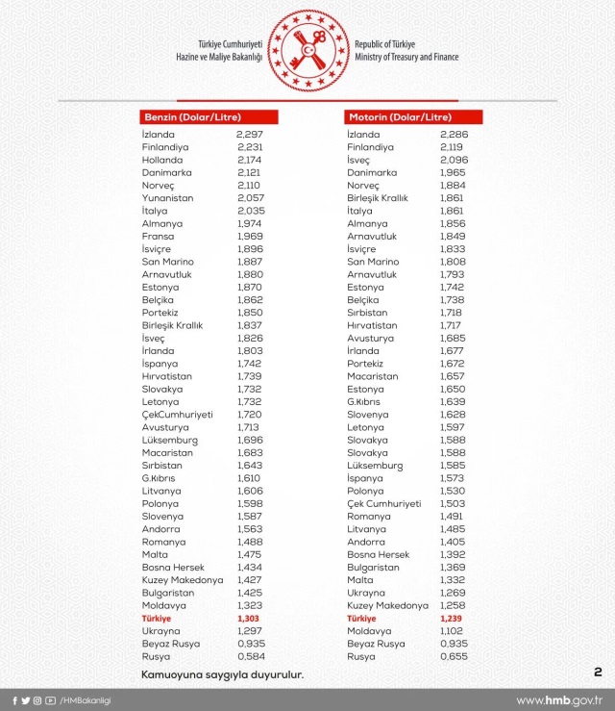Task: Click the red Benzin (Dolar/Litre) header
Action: (209, 117)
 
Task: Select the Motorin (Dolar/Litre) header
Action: (413, 117)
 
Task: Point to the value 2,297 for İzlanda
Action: (250, 135)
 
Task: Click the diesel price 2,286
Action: (454, 135)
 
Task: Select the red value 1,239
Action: (454, 619)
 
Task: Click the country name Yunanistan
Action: (167, 197)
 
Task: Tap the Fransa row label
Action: (158, 236)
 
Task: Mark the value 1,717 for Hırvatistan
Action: (454, 325)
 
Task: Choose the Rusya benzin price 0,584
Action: (250, 656)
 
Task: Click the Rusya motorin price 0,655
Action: (454, 656)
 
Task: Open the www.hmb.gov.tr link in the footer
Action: (559, 700)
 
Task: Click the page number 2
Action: (598, 672)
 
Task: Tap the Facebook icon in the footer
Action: (13, 700)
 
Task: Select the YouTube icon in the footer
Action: (50, 700)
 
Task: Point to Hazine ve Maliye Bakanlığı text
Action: (220, 58)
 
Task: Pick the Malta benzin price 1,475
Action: (250, 568)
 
